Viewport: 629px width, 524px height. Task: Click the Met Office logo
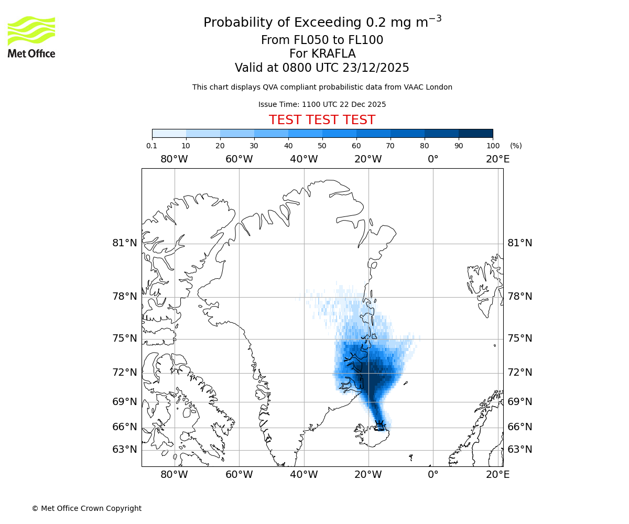point(31,37)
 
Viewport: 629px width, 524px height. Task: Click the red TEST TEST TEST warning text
point(322,120)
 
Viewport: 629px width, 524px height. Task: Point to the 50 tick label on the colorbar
point(322,146)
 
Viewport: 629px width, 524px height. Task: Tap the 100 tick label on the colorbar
point(493,146)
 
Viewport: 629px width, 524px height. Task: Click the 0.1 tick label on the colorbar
point(152,146)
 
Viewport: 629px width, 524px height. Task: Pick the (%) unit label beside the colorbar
point(516,146)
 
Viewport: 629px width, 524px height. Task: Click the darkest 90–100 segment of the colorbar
point(475,133)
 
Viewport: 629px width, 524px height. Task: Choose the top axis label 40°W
point(303,159)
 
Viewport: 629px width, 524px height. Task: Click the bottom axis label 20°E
point(497,475)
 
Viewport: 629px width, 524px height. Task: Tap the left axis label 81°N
point(125,243)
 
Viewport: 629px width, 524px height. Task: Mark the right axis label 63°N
point(519,450)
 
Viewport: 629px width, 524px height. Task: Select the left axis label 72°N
point(125,373)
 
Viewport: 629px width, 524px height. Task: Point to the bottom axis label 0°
point(433,475)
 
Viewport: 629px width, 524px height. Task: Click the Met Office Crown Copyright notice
point(86,508)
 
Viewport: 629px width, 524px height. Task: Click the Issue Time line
point(322,104)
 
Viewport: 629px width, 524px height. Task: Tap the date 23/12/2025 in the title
point(376,68)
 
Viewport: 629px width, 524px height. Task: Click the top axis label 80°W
point(174,159)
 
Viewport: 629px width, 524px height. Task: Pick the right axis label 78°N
point(519,297)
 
